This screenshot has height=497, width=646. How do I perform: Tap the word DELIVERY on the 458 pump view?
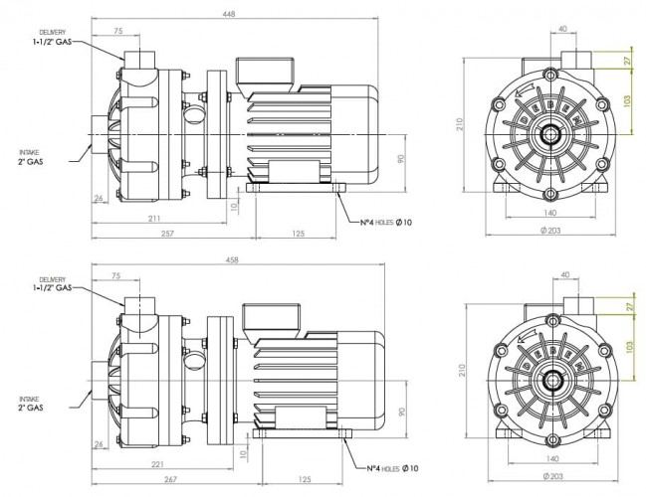[52, 279]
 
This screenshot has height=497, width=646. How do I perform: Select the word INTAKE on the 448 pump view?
[30, 151]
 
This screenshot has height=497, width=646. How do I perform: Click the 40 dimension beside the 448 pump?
[562, 30]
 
